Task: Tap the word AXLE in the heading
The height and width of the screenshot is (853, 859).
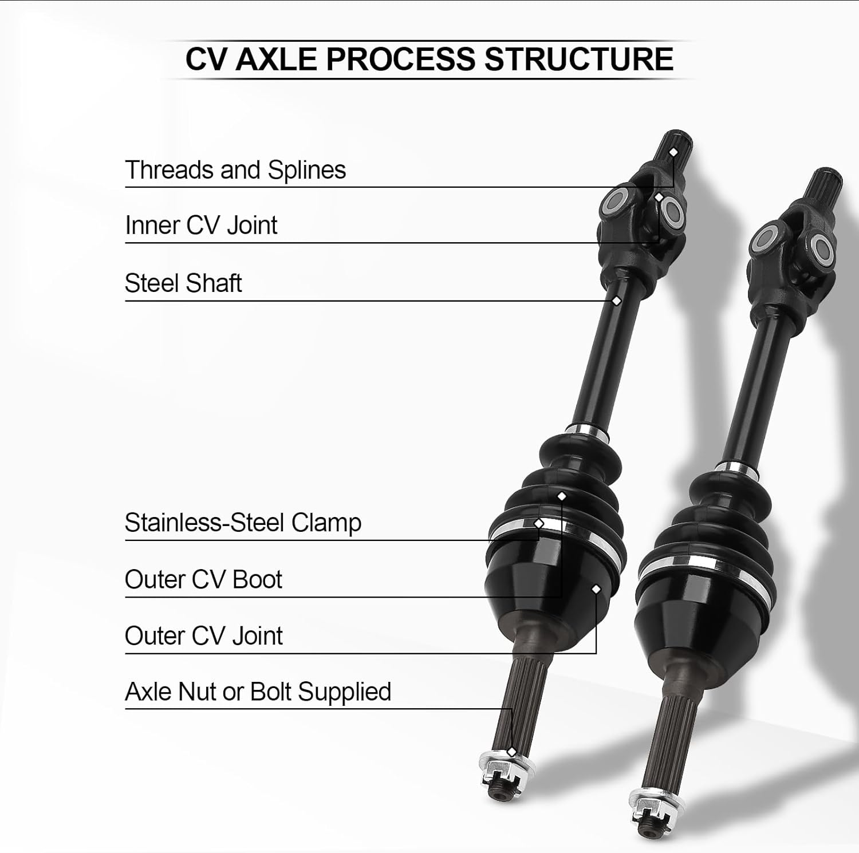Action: (275, 60)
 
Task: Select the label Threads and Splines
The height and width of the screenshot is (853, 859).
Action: (235, 170)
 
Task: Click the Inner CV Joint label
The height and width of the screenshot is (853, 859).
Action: (201, 226)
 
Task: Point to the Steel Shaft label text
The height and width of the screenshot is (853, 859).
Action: (183, 283)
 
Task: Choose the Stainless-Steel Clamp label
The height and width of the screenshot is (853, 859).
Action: (243, 523)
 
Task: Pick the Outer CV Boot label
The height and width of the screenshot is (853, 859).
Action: (203, 579)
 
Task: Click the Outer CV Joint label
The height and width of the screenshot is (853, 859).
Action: (203, 636)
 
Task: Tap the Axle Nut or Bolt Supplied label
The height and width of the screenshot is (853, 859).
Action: (258, 692)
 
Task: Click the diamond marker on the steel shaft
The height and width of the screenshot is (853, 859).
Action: (617, 301)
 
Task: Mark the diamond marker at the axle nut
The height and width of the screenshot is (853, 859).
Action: (511, 752)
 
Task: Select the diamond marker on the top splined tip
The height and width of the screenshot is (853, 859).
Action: (674, 152)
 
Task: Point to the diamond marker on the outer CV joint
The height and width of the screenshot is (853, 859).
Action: (596, 589)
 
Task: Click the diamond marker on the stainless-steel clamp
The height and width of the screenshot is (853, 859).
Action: (539, 523)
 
